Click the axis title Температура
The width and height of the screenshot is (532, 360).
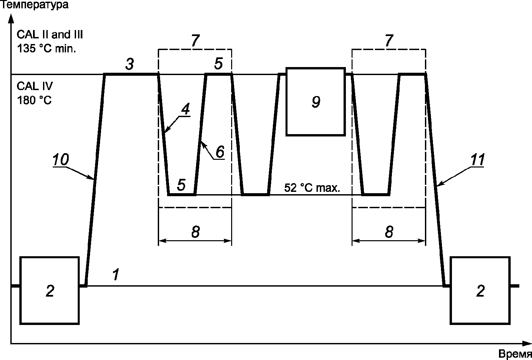tap(35, 5)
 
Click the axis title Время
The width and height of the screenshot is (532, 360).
tap(515, 354)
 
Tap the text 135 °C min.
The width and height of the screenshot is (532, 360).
tap(46, 48)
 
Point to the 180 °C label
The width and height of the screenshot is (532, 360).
tap(34, 100)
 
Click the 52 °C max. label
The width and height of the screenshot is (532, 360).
tap(312, 188)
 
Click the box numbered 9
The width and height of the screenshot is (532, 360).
tap(316, 102)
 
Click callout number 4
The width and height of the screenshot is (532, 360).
tap(185, 109)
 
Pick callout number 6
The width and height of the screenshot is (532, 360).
tap(220, 151)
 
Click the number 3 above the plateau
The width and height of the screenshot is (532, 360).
tap(130, 64)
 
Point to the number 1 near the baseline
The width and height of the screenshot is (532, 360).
tap(116, 274)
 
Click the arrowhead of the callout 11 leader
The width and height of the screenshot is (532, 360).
tap(439, 185)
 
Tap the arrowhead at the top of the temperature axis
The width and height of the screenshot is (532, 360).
tap(11, 18)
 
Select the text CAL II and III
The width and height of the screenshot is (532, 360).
tap(50, 34)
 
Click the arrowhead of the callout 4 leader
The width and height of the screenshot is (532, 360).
tap(165, 131)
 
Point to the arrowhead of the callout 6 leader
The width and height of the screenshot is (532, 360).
tap(202, 142)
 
